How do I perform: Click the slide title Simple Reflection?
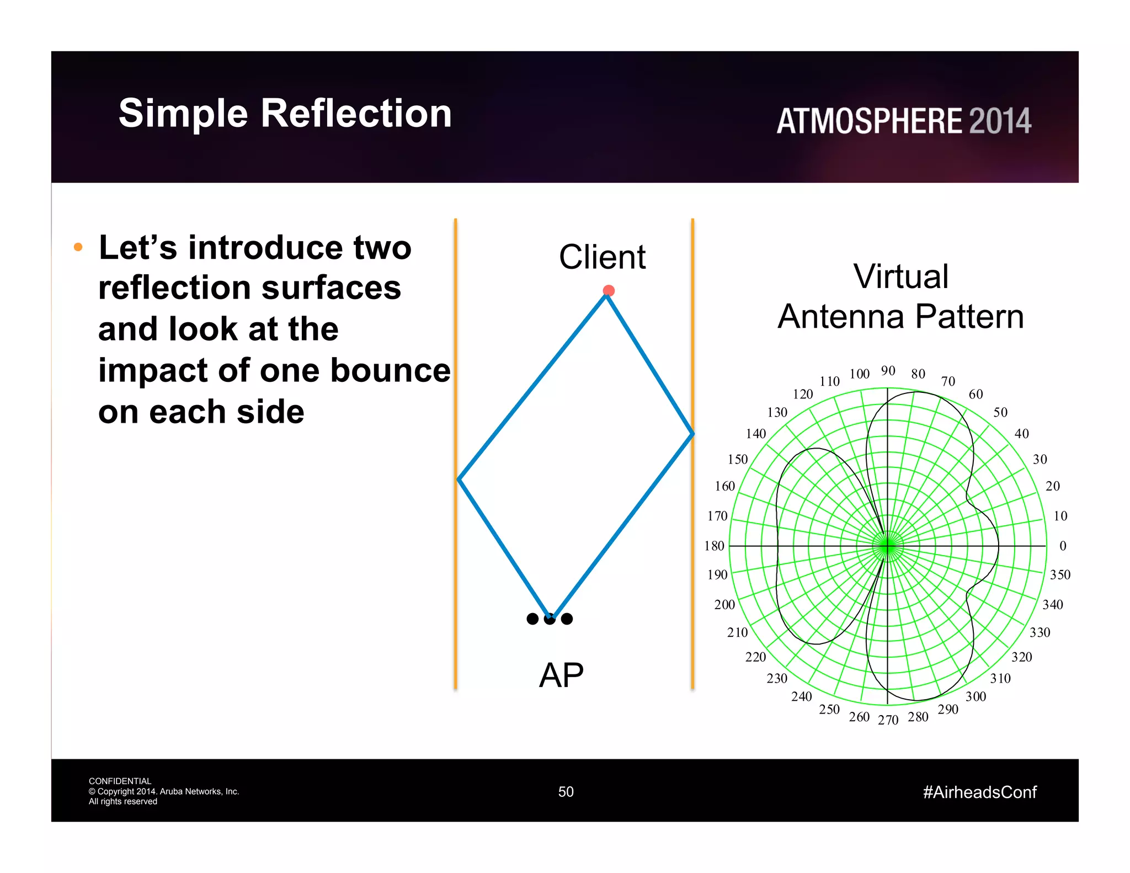(x=285, y=114)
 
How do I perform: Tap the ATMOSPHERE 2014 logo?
(x=903, y=121)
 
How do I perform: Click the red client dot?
(x=609, y=291)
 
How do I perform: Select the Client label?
(x=602, y=257)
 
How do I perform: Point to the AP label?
(x=561, y=675)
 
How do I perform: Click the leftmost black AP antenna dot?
(x=532, y=619)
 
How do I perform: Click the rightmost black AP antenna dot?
(x=567, y=619)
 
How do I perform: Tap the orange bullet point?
(x=78, y=247)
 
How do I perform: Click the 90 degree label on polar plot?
(x=888, y=371)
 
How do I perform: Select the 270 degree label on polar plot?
(x=888, y=720)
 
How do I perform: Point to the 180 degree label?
(x=714, y=546)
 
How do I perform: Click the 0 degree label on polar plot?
(x=1063, y=546)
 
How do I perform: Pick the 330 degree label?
(x=1040, y=632)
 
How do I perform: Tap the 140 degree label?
(x=755, y=434)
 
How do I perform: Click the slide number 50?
(x=566, y=792)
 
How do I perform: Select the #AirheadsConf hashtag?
(x=979, y=792)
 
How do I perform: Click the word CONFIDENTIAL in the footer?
(x=120, y=781)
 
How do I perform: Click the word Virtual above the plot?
(x=900, y=276)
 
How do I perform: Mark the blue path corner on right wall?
(x=692, y=434)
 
